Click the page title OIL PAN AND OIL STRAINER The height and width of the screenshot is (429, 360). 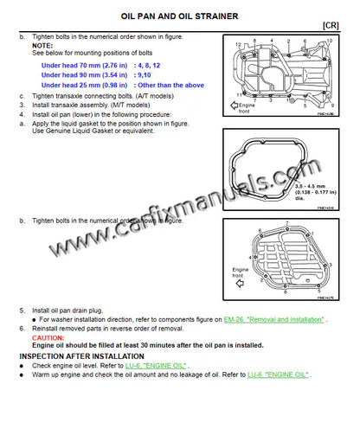click(x=180, y=16)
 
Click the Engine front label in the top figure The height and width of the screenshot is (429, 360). click(x=245, y=109)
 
